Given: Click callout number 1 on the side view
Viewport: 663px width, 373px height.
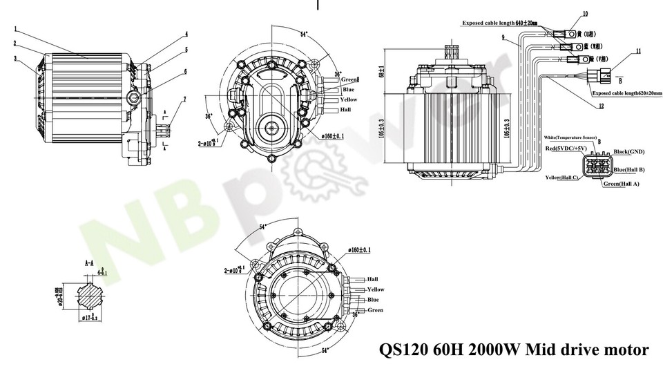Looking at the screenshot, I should (15, 30).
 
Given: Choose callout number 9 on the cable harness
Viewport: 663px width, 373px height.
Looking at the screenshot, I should (503, 37).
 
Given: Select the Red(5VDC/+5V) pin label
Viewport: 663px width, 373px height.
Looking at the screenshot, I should (566, 149).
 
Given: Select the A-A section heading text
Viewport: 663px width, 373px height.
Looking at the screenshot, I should (88, 263).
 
